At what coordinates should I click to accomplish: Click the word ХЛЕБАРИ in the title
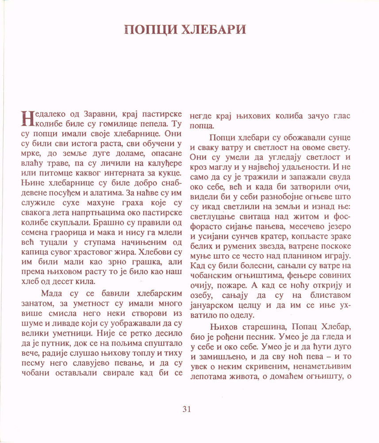[212, 30]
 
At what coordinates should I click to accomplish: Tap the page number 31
[187, 409]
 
